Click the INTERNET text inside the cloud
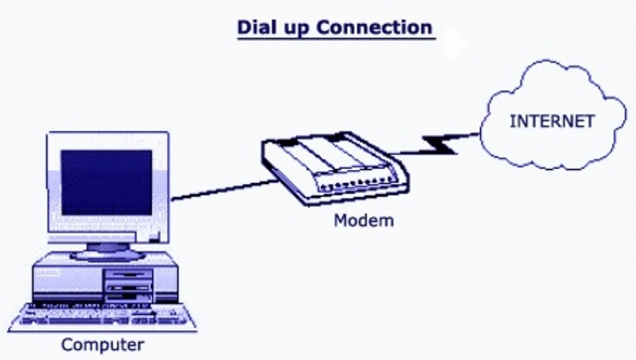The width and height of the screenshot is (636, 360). click(x=553, y=121)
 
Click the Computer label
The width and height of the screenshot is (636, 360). click(x=102, y=345)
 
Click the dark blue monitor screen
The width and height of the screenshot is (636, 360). click(x=105, y=183)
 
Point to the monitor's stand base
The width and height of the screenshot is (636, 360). click(x=103, y=249)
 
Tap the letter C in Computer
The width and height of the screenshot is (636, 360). click(x=68, y=345)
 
